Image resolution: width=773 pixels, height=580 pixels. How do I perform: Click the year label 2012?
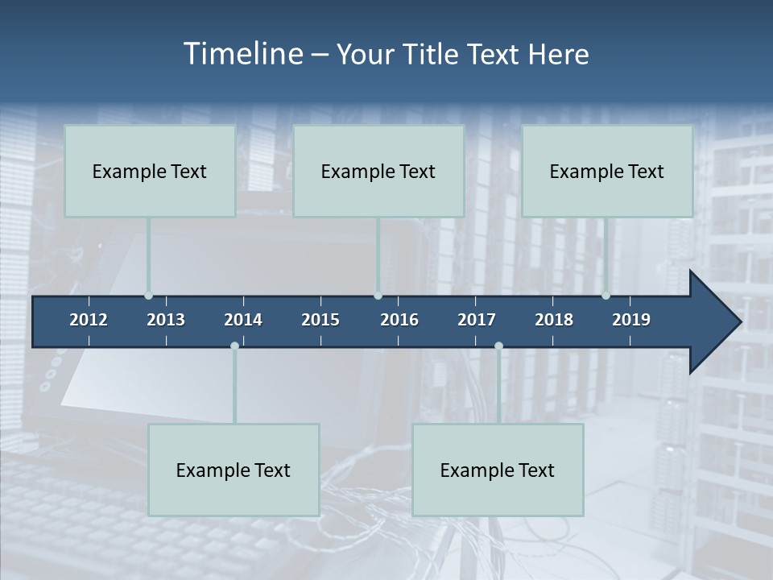pyautogui.click(x=89, y=320)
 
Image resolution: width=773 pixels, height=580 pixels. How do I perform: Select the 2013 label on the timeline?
pyautogui.click(x=166, y=320)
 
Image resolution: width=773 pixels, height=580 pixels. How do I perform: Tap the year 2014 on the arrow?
pyautogui.click(x=243, y=320)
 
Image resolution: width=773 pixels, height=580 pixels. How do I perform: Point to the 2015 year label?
pyautogui.click(x=320, y=320)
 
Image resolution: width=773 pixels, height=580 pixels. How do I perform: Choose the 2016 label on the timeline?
pyautogui.click(x=399, y=320)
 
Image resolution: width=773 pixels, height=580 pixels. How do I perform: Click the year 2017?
pyautogui.click(x=477, y=320)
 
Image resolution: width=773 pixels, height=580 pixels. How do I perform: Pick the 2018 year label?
pyautogui.click(x=554, y=320)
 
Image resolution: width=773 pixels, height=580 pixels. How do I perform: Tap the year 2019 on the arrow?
pyautogui.click(x=631, y=320)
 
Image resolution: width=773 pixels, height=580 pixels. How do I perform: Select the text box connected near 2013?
pyautogui.click(x=150, y=171)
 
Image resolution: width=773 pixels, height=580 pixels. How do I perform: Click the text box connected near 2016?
pyautogui.click(x=378, y=171)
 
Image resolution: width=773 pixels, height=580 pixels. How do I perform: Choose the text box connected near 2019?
pyautogui.click(x=607, y=171)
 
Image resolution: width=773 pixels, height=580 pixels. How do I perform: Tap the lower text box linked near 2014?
pyautogui.click(x=234, y=470)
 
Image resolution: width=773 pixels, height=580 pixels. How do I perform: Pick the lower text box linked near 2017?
pyautogui.click(x=498, y=470)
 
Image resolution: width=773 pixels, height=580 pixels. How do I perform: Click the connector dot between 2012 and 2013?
pyautogui.click(x=148, y=296)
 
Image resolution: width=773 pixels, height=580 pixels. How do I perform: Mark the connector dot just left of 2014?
pyautogui.click(x=234, y=346)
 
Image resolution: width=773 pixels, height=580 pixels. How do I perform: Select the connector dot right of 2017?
pyautogui.click(x=498, y=346)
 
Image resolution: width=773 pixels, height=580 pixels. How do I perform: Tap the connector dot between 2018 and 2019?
pyautogui.click(x=606, y=296)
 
